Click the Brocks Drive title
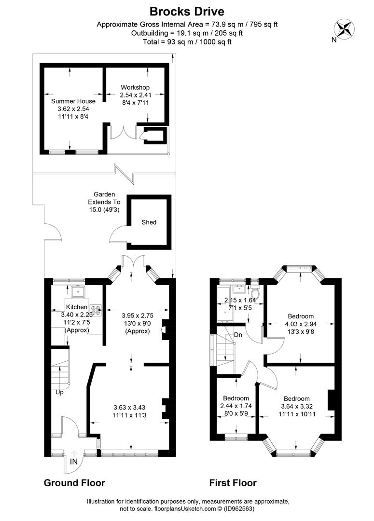pyautogui.click(x=187, y=11)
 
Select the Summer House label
pyautogui.click(x=73, y=101)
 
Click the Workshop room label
pyautogui.click(x=136, y=87)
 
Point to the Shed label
pyautogui.click(x=149, y=222)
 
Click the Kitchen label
pyautogui.click(x=77, y=307)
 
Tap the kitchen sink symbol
pyautogui.click(x=77, y=292)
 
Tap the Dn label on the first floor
pyautogui.click(x=238, y=334)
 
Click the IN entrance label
pyautogui.click(x=73, y=462)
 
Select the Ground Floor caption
pyautogui.click(x=74, y=483)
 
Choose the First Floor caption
pyautogui.click(x=233, y=483)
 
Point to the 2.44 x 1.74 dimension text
pyautogui.click(x=236, y=406)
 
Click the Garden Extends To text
pyautogui.click(x=104, y=202)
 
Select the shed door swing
pyautogui.click(x=118, y=235)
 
